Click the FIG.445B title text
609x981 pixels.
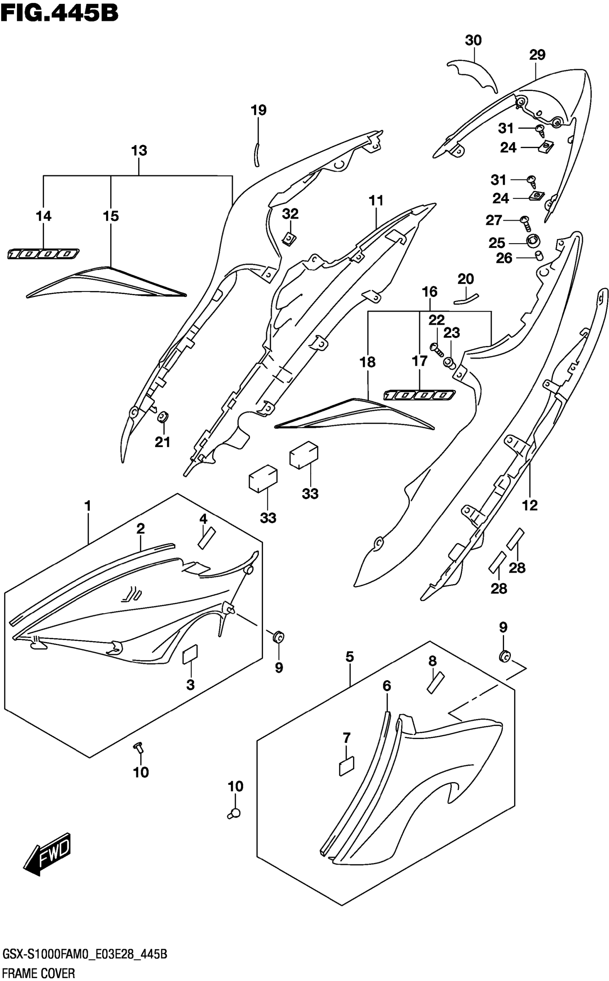coord(59,13)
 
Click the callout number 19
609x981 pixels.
coord(259,110)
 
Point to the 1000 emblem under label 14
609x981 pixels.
coord(43,254)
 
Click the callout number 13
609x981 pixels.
coord(139,151)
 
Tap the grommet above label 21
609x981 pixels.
coord(163,417)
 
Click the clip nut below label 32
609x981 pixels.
coord(289,239)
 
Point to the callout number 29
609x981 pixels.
coord(537,55)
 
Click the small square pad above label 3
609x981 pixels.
coord(190,654)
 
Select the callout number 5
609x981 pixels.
coord(349,657)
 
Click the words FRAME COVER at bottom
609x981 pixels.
coord(39,973)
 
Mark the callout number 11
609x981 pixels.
coord(376,200)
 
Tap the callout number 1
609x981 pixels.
coord(87,505)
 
